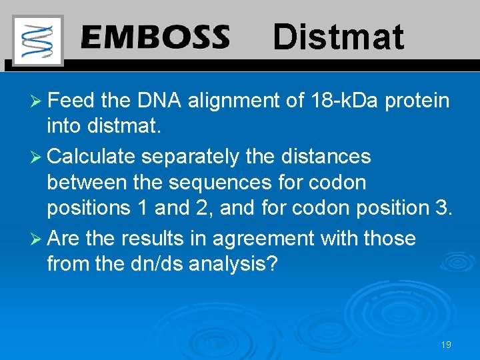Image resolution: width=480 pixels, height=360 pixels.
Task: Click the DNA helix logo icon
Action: [x=37, y=40]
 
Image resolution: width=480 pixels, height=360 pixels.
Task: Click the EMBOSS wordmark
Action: [x=155, y=37]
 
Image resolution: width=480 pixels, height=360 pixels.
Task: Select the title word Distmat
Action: [x=338, y=37]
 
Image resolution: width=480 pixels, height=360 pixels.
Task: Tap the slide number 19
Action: [x=446, y=345]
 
